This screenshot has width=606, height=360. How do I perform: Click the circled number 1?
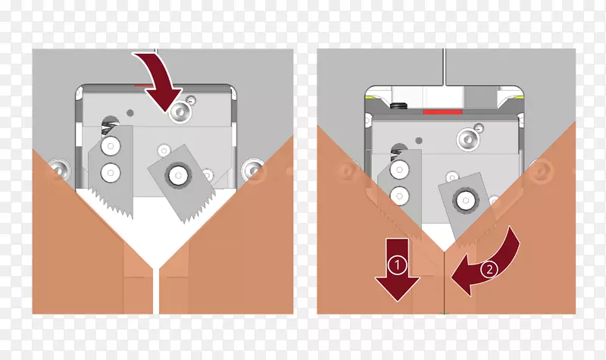click(397, 265)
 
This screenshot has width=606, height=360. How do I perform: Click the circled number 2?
click(489, 269)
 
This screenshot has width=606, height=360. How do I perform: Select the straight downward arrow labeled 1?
click(397, 270)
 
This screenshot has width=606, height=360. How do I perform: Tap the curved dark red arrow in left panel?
click(162, 77)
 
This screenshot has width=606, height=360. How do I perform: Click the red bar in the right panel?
click(442, 112)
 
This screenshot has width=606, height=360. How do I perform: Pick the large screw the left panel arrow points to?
click(180, 112)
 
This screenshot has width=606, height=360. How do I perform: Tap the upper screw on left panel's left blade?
click(111, 146)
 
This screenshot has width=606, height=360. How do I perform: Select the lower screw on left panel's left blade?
click(111, 172)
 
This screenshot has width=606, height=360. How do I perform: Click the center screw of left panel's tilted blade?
click(178, 176)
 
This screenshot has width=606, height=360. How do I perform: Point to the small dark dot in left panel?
click(130, 113)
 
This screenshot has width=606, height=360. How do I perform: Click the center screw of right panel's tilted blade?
click(464, 201)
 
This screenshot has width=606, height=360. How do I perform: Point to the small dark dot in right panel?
click(419, 140)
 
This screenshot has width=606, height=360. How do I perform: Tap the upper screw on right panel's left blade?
click(399, 169)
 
